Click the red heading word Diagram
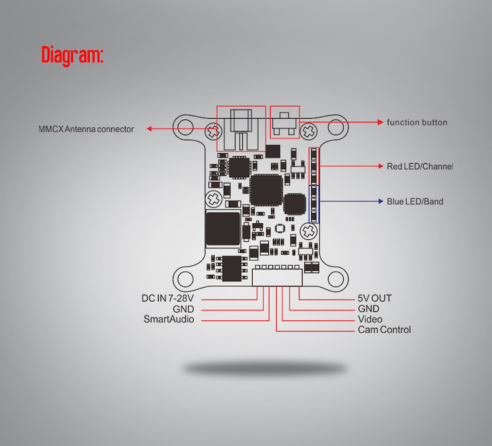click(72, 55)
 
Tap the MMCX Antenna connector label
click(85, 129)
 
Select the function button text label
click(416, 122)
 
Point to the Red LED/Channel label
click(419, 166)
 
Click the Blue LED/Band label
click(415, 201)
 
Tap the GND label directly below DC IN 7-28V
click(183, 309)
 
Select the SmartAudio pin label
click(169, 319)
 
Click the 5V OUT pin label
click(375, 298)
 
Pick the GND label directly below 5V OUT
click(368, 309)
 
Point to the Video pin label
click(370, 319)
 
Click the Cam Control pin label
click(384, 330)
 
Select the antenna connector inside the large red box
click(240, 128)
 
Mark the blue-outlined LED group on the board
click(314, 204)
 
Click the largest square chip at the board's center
click(265, 189)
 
